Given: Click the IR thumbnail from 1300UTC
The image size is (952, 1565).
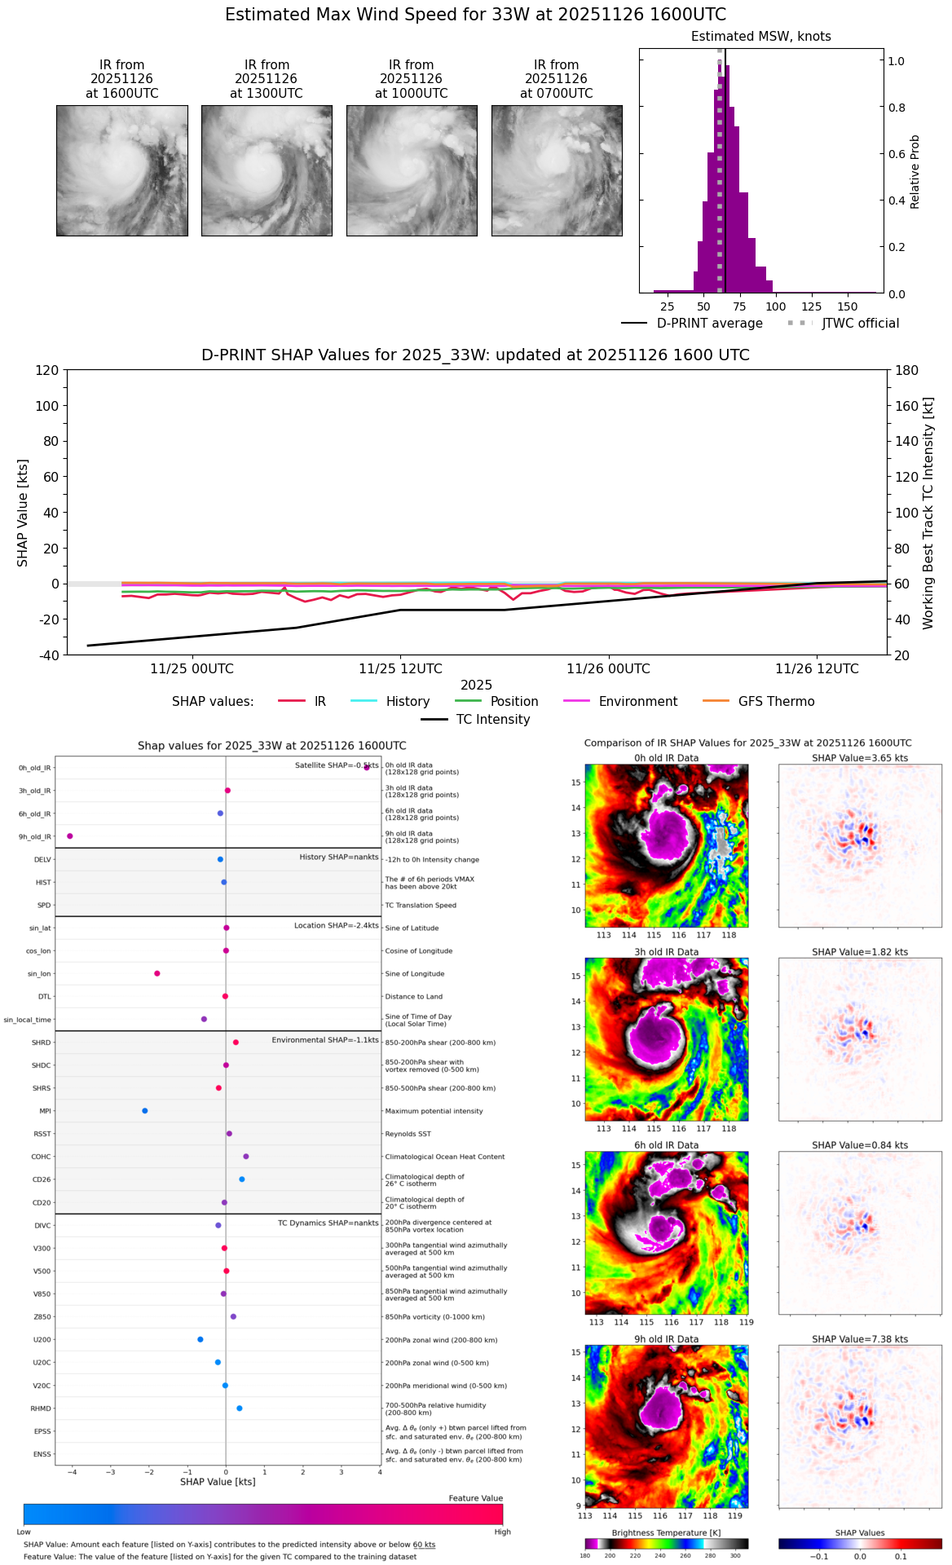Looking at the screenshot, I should [x=267, y=170].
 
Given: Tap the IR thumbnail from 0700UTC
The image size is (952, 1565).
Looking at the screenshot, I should [x=557, y=170].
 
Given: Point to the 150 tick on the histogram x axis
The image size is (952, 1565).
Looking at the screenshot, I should [x=848, y=306].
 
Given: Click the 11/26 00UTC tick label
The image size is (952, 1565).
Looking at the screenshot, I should [x=608, y=669].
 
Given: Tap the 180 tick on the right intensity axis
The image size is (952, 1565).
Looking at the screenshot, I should [x=906, y=370].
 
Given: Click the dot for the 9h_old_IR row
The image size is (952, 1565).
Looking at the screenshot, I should [x=70, y=836].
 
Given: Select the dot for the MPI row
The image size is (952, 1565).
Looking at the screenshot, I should [x=145, y=1111].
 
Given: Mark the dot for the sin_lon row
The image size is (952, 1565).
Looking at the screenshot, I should [x=157, y=973].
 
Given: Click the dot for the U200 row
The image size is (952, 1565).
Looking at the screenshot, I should [x=201, y=1339].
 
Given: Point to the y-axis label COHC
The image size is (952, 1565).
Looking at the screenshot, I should [x=41, y=1157].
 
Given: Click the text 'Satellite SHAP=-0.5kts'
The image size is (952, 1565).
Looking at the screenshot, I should [x=337, y=765].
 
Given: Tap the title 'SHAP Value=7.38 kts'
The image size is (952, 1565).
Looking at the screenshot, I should [x=860, y=1339].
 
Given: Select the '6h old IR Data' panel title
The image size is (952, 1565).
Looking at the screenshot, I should [x=666, y=1145].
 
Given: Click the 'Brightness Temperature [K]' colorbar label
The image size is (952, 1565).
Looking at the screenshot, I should [x=666, y=1532].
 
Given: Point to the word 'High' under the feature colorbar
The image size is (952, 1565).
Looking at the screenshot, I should [x=502, y=1532].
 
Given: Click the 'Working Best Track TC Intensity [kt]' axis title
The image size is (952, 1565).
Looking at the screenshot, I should [x=928, y=514].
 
